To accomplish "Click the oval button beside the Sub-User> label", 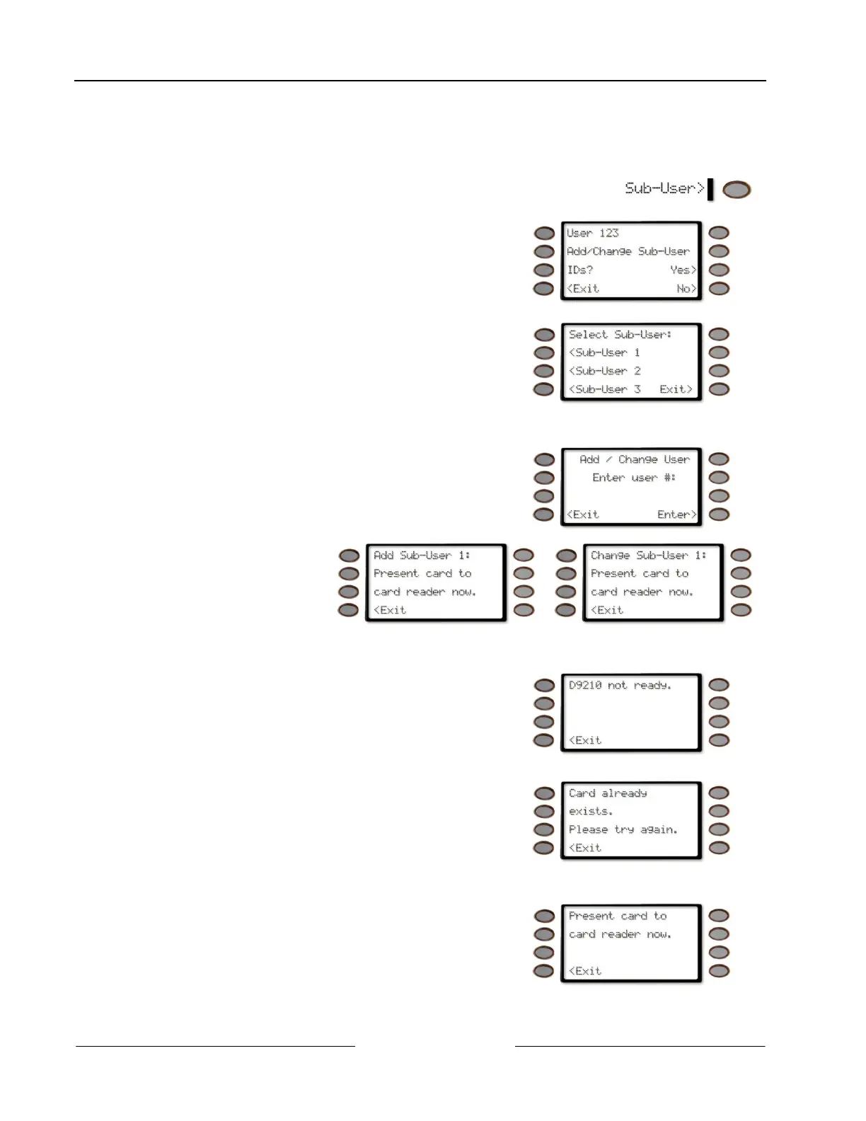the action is pyautogui.click(x=737, y=190).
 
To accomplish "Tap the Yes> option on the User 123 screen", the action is pyautogui.click(x=683, y=270).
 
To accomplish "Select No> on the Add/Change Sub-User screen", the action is pyautogui.click(x=686, y=289).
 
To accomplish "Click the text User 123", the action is pyautogui.click(x=592, y=233).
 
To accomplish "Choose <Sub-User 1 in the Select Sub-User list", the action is pyautogui.click(x=604, y=352).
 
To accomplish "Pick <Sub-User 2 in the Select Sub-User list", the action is pyautogui.click(x=604, y=371).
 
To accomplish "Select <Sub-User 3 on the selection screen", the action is pyautogui.click(x=604, y=389).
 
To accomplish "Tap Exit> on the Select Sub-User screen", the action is pyautogui.click(x=676, y=389).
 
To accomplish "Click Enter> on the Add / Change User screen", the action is pyautogui.click(x=676, y=514).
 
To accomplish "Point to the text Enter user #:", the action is pyautogui.click(x=634, y=478).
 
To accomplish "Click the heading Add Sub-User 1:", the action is pyautogui.click(x=422, y=556).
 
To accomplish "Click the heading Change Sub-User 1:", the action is pyautogui.click(x=648, y=556).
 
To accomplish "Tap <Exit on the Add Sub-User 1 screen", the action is pyautogui.click(x=390, y=610).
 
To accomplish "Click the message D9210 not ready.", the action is pyautogui.click(x=620, y=685).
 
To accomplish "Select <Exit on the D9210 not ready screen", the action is pyautogui.click(x=585, y=740).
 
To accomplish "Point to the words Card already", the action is pyautogui.click(x=608, y=793).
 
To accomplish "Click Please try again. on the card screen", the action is pyautogui.click(x=623, y=829).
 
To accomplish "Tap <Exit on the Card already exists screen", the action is pyautogui.click(x=585, y=848).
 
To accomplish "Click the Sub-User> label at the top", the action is pyautogui.click(x=664, y=188).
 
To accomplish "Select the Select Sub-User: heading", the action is pyautogui.click(x=620, y=334).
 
